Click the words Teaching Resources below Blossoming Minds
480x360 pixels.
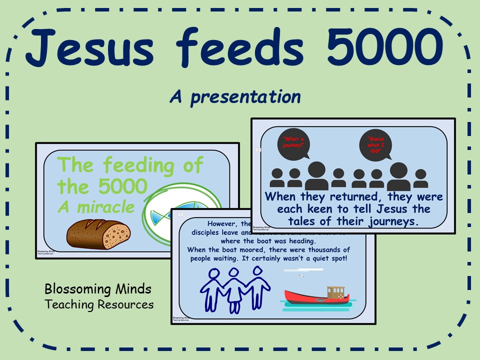tap(99, 304)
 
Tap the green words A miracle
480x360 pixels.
tap(96, 206)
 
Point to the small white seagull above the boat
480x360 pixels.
tap(301, 274)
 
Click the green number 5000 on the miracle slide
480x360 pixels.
tap(123, 187)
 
